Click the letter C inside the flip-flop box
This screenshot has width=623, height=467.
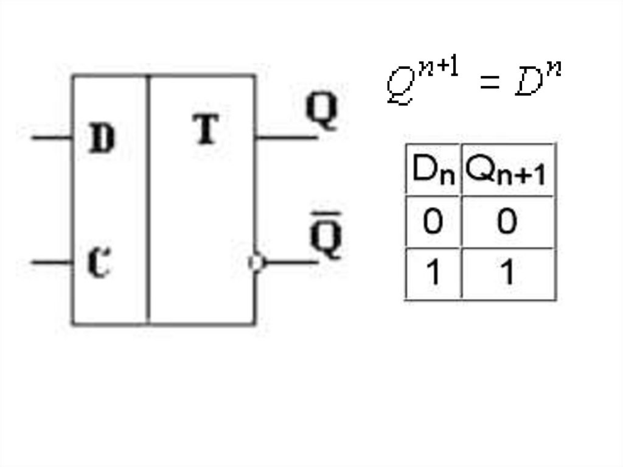pyautogui.click(x=99, y=263)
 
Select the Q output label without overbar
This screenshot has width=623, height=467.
pyautogui.click(x=321, y=112)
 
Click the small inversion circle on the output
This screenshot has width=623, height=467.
pyautogui.click(x=256, y=263)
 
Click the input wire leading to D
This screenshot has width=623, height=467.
pyautogui.click(x=52, y=138)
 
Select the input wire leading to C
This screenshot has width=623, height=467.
pyautogui.click(x=52, y=263)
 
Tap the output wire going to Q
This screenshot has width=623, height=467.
pyautogui.click(x=286, y=138)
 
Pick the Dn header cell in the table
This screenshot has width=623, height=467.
pyautogui.click(x=433, y=171)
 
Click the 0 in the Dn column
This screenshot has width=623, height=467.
pyautogui.click(x=433, y=222)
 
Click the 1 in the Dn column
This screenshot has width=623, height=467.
pyautogui.click(x=433, y=273)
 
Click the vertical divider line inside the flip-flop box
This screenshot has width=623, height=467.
pyautogui.click(x=148, y=201)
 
